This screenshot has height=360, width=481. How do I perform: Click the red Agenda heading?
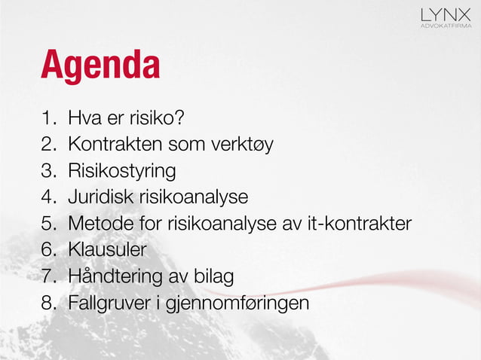tap(100, 66)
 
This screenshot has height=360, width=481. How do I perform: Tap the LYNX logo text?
tap(446, 14)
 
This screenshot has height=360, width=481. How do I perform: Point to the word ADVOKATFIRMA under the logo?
tap(446, 26)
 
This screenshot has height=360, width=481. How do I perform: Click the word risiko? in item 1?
tap(160, 118)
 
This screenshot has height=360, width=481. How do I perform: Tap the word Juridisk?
tap(97, 197)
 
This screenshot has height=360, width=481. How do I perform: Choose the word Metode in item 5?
tap(95, 224)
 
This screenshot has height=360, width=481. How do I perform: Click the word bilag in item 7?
tap(213, 276)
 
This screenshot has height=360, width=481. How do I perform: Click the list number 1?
tap(47, 118)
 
